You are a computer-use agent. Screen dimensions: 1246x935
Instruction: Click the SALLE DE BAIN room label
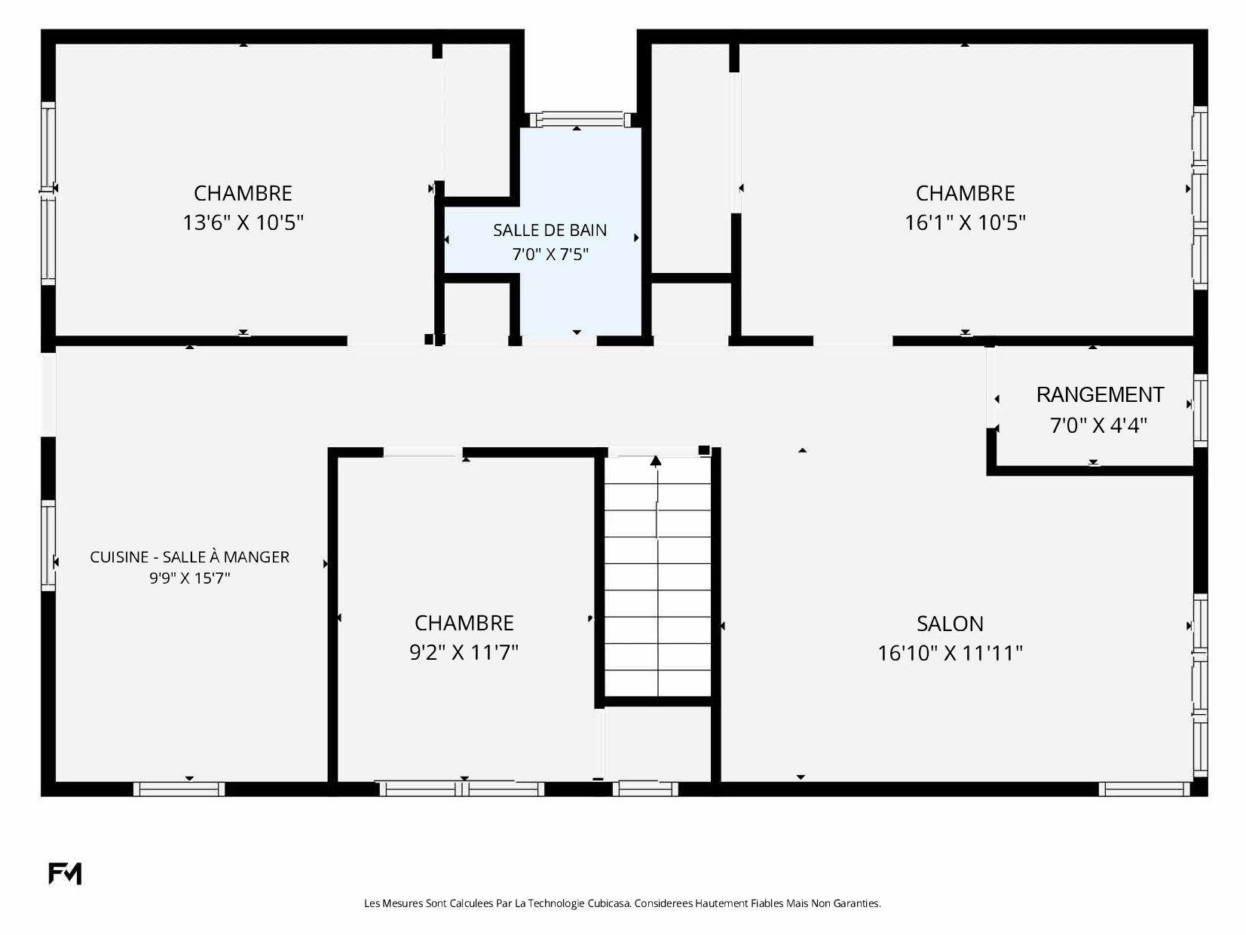550,230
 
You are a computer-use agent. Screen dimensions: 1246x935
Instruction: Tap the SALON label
950,624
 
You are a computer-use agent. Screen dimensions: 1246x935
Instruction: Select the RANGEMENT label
1100,394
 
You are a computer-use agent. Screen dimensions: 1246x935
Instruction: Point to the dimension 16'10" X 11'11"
950,653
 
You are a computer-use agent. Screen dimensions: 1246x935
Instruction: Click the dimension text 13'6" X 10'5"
243,222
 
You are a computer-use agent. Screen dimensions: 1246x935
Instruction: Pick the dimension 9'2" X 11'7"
464,652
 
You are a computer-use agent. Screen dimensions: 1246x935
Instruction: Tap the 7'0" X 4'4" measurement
1098,425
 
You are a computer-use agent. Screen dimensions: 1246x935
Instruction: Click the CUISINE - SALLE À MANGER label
190,557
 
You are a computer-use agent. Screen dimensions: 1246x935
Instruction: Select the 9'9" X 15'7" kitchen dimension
190,578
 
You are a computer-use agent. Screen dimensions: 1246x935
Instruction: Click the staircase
657,576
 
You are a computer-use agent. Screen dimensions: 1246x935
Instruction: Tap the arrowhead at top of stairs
656,461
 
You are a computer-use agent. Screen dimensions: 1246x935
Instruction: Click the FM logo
65,873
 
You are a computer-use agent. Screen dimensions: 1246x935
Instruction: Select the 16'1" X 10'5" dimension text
965,222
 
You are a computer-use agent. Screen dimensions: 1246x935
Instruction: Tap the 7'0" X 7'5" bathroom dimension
550,254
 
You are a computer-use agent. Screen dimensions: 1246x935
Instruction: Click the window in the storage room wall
1200,410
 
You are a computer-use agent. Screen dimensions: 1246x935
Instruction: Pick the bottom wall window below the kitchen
179,789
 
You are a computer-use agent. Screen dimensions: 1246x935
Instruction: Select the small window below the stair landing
645,789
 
